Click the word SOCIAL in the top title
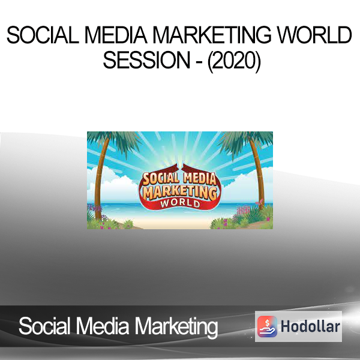43,35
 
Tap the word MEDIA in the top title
116,35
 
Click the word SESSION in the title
146,60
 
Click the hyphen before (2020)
199,62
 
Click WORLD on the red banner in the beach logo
180,203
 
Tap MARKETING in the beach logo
180,192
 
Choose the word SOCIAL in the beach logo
160,179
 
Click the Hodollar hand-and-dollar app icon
267,326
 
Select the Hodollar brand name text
310,326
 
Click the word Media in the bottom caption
103,326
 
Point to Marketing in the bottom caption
176,328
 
